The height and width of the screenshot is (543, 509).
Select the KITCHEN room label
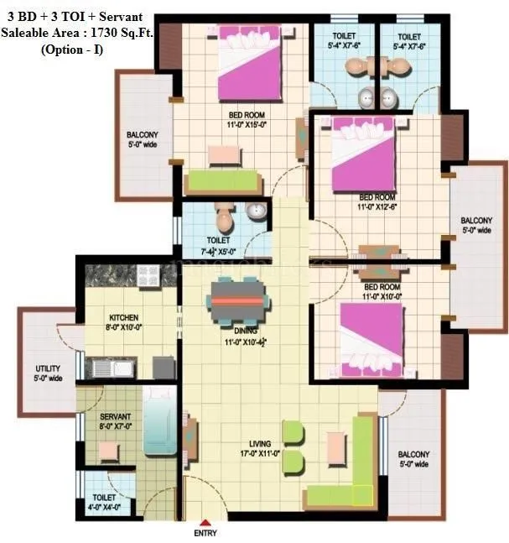123,318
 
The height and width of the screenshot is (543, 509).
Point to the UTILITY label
48,368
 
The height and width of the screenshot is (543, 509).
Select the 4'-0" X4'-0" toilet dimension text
106,507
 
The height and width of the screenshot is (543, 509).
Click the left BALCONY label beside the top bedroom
142,135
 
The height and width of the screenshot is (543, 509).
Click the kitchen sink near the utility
112,368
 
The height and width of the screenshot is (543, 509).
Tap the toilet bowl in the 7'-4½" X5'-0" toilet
224,221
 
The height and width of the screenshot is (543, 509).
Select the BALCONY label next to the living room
414,454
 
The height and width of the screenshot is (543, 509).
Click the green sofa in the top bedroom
221,180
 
